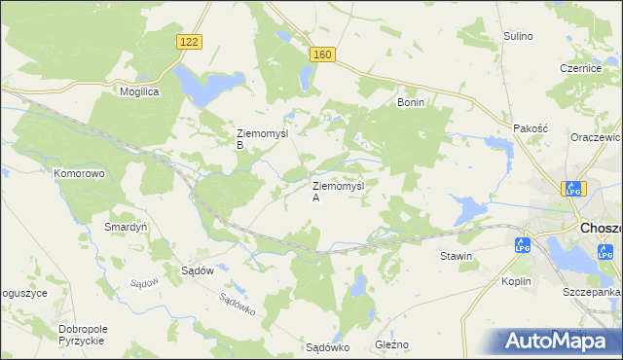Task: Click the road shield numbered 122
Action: click(x=190, y=41)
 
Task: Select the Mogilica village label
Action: click(x=139, y=90)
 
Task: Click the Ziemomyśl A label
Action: click(x=337, y=191)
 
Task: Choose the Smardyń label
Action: click(x=126, y=226)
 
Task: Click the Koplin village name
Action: click(x=517, y=281)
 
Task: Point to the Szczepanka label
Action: click(x=591, y=292)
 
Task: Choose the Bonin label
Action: click(x=411, y=101)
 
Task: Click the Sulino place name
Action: click(x=518, y=36)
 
